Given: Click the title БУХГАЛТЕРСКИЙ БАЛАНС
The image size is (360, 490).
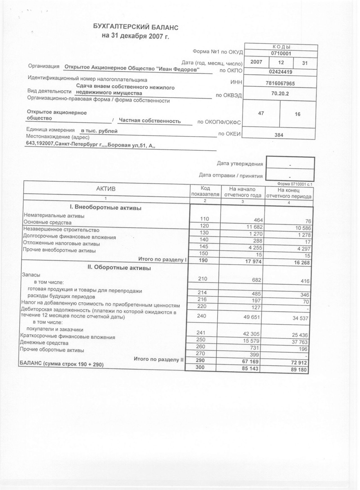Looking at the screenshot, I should (136, 27).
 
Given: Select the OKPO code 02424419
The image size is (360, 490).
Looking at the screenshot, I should (280, 72).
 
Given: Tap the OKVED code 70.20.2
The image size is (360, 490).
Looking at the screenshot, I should (280, 94).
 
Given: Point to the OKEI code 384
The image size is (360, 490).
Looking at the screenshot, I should (279, 135).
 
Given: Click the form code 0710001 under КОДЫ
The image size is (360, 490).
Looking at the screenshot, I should (281, 53).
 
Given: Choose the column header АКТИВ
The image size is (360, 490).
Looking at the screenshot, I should (106, 189).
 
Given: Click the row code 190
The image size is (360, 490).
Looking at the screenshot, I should (203, 260).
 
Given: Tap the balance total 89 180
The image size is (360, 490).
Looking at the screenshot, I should (299, 370).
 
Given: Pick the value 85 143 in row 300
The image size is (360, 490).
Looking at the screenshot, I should (250, 368).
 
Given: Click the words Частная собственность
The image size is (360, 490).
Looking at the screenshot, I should (150, 121).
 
